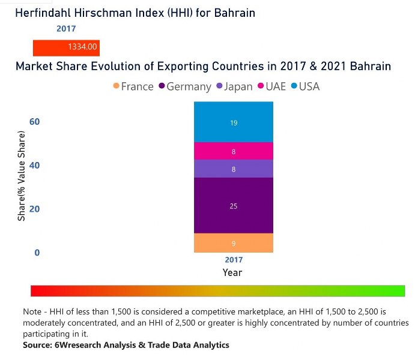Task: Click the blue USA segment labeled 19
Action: click(234, 122)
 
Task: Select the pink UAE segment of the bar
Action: click(234, 151)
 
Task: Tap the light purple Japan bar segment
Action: click(234, 169)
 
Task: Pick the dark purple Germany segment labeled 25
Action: click(234, 206)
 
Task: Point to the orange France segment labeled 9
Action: click(234, 243)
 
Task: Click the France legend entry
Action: click(133, 86)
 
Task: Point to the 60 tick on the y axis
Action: click(35, 122)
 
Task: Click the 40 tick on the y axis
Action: click(35, 166)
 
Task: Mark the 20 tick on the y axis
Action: click(35, 209)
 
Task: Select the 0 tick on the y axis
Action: click(37, 253)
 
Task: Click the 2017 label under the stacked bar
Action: click(234, 260)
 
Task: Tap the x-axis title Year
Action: click(232, 273)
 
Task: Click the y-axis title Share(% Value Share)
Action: click(22, 177)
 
